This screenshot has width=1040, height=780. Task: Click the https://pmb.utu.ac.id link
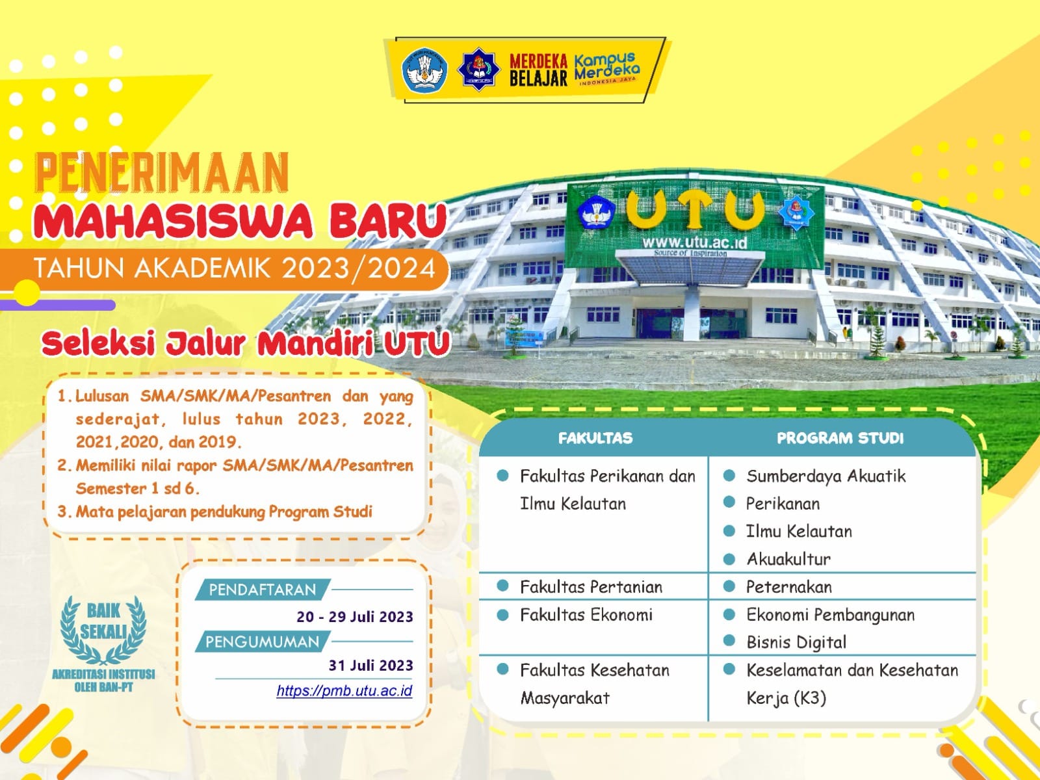coord(344,691)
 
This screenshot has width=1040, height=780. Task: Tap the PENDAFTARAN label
coord(262,590)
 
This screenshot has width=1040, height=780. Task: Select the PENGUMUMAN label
coord(262,642)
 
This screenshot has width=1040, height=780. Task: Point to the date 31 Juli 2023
coord(371,666)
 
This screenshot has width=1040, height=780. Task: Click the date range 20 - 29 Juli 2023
coord(355,617)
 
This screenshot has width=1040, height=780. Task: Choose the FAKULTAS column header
coord(595,438)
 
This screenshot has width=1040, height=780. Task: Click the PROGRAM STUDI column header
coord(840,438)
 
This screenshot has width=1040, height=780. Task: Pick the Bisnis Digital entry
coord(796,642)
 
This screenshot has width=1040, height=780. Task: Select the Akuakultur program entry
coord(789,559)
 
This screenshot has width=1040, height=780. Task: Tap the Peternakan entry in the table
coord(789,587)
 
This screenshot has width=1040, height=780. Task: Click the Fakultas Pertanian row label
coord(591,587)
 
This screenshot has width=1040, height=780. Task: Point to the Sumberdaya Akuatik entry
coord(826,476)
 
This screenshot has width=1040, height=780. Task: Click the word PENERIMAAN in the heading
coord(162,172)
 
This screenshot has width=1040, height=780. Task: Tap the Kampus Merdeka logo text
coord(606,69)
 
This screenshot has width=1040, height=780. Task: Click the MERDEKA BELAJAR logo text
coord(538,70)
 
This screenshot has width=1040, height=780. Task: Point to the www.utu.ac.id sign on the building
coord(694,243)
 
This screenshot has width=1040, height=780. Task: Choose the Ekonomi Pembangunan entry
coord(831,615)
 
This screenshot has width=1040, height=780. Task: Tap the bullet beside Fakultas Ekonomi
coord(502,614)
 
